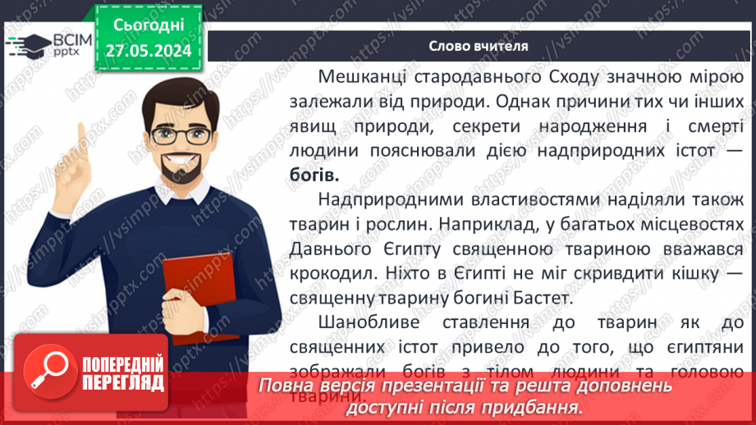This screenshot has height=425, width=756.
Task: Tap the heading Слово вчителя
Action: coord(478,46)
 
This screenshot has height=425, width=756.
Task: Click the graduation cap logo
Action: coord(23,43)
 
